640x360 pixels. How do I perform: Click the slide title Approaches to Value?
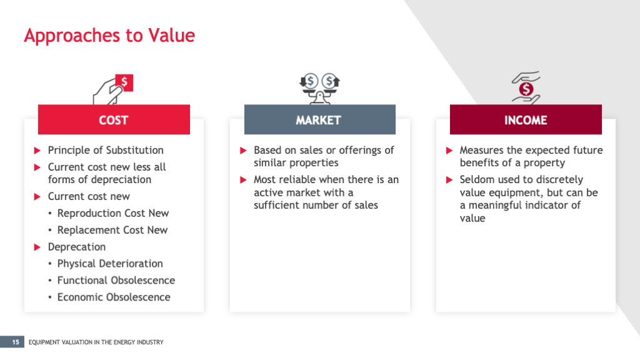[x=109, y=35]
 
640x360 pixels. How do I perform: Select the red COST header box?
[x=114, y=120]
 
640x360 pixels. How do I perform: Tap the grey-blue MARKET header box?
[x=319, y=120]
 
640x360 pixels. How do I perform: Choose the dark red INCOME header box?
[x=526, y=120]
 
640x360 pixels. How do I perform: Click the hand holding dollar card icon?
[x=114, y=89]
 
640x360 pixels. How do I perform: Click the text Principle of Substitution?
[x=106, y=150]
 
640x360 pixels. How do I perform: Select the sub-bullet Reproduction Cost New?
[x=113, y=213]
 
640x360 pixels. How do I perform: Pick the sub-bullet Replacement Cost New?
[x=112, y=230]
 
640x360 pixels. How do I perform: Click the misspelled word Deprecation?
[x=77, y=247]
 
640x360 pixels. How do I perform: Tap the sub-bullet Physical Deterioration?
[x=110, y=264]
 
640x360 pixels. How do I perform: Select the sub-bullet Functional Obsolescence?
[x=116, y=281]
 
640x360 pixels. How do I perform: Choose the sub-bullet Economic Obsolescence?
[x=114, y=297]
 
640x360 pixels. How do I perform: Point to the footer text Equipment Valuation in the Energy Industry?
[x=96, y=342]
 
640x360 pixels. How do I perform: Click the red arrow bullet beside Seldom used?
[x=449, y=180]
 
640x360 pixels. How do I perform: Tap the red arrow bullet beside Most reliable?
[x=244, y=180]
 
